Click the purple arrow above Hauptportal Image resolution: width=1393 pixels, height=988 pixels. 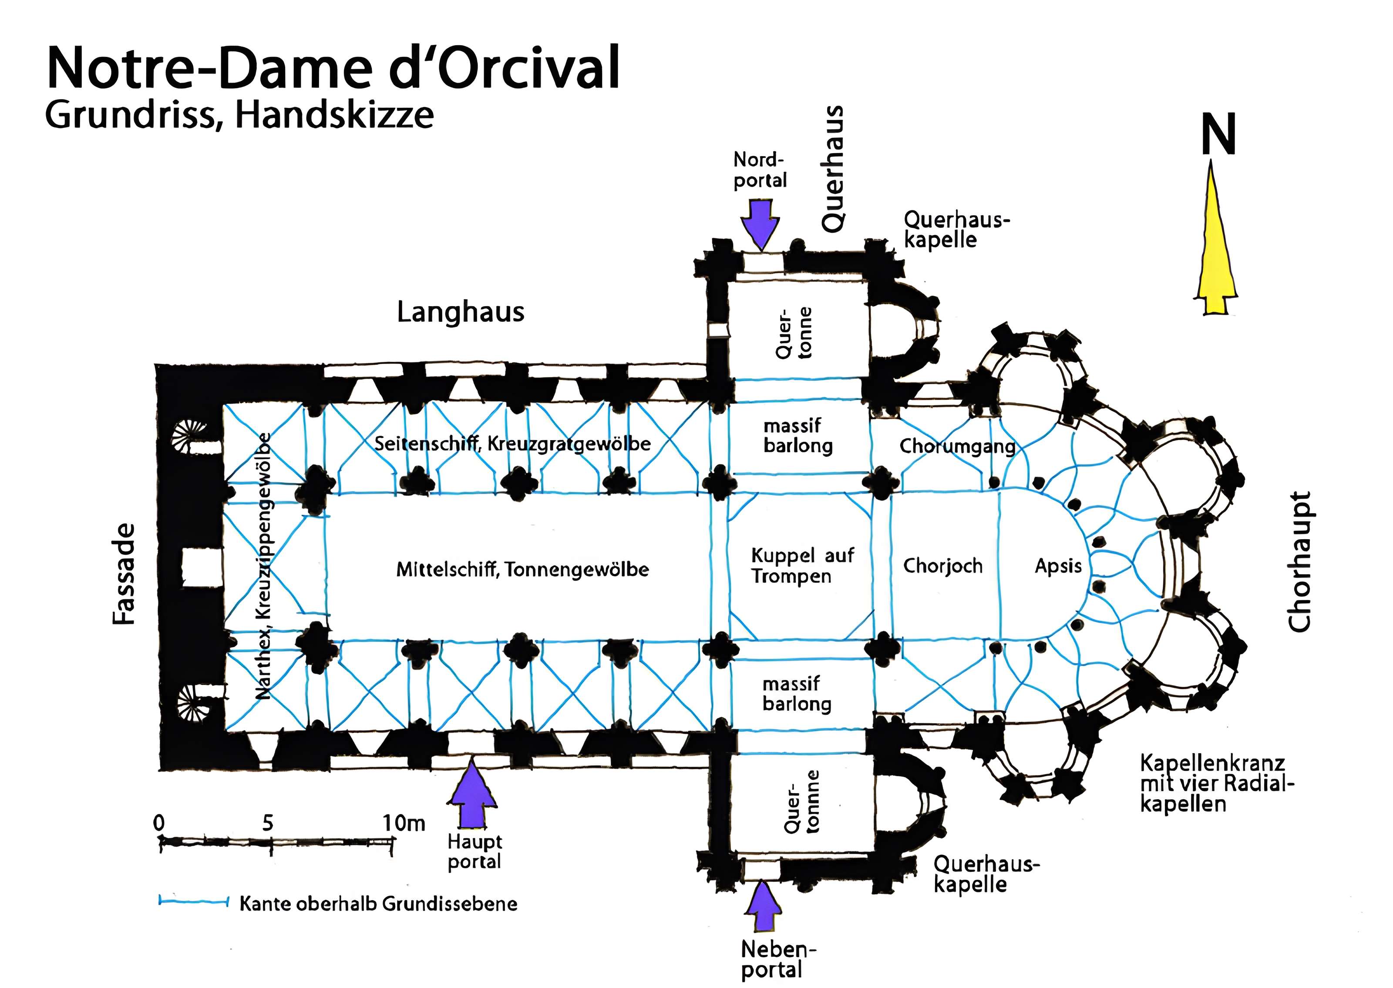pos(472,795)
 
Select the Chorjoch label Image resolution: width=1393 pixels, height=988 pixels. pos(942,566)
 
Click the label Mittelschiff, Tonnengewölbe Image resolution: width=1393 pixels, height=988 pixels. pos(522,569)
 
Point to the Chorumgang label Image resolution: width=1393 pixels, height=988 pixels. pos(956,446)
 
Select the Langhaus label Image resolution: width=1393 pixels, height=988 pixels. pos(460,312)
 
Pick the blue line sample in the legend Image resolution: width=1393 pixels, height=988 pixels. pos(192,901)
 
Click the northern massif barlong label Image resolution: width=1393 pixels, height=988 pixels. pos(797,436)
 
